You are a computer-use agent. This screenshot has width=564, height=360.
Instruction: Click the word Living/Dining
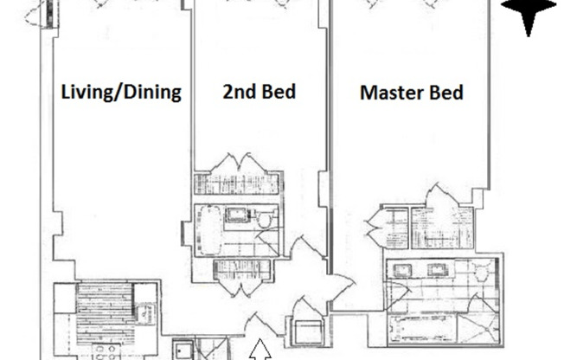(x=121, y=92)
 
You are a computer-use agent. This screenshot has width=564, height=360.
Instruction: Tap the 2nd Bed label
(x=260, y=92)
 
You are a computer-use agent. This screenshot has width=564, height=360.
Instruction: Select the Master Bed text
(x=412, y=93)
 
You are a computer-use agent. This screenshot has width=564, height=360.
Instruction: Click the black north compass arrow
(x=529, y=15)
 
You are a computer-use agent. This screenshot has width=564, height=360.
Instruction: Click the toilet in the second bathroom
(x=266, y=219)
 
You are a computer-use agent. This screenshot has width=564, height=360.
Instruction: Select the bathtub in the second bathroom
(x=210, y=229)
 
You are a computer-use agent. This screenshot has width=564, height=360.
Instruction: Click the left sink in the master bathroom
(x=402, y=270)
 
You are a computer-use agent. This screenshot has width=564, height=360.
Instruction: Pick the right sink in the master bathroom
(x=437, y=270)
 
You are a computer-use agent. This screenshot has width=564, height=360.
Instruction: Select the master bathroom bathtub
(x=423, y=329)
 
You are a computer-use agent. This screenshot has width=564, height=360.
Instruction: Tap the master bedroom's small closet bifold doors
(x=375, y=227)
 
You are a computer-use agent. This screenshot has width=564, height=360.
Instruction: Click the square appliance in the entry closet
(x=309, y=332)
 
